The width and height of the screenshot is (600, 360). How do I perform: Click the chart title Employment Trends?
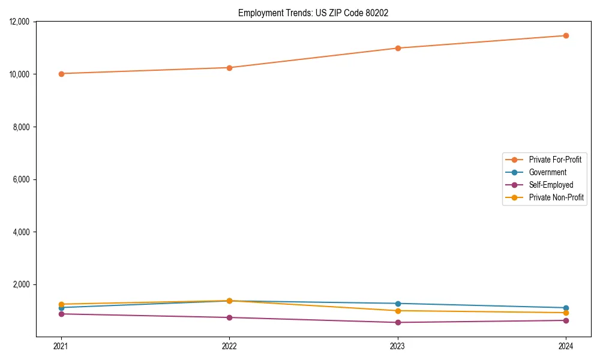(313, 13)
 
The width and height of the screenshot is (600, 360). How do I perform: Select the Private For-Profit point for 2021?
(61, 74)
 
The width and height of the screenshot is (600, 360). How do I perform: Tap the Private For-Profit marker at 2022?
(229, 68)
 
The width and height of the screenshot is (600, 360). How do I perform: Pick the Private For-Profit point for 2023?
(398, 48)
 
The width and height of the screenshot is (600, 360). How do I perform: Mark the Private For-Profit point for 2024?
(566, 35)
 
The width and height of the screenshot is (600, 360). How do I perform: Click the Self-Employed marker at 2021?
(61, 314)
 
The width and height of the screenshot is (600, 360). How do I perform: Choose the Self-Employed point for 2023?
(398, 322)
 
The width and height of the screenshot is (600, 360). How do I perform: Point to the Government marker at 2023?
(398, 304)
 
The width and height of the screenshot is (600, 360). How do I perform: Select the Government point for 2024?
(566, 308)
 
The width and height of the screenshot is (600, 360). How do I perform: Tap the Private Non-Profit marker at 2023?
(398, 311)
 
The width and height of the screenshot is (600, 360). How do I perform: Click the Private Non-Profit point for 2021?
(61, 304)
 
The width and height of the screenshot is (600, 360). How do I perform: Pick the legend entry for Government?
(547, 172)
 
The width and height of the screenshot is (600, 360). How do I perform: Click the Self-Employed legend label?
(551, 185)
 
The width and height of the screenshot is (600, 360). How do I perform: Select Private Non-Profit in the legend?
(556, 197)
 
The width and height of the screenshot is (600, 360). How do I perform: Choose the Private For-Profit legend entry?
(555, 160)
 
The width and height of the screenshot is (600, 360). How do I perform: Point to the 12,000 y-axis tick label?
(21, 22)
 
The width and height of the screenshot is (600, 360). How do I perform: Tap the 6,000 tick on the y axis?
(23, 179)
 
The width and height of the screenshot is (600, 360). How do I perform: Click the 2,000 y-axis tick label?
(23, 284)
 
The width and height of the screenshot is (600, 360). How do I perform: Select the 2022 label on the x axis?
(229, 346)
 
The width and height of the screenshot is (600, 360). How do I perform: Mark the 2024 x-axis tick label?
(566, 346)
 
